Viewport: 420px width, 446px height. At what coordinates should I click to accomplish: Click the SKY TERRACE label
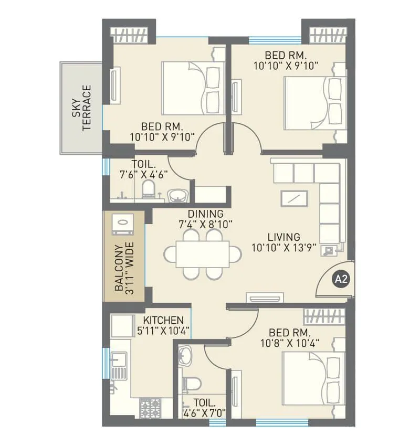click(82, 108)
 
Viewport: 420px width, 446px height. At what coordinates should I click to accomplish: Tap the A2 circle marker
click(342, 279)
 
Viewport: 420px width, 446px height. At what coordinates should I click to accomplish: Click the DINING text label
click(208, 214)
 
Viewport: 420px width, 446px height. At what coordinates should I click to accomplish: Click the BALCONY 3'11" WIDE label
click(125, 268)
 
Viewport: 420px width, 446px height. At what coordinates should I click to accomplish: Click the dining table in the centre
click(203, 254)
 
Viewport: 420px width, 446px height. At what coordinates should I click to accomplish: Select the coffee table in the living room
click(294, 199)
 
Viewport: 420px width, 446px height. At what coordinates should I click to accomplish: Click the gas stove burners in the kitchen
click(150, 406)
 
